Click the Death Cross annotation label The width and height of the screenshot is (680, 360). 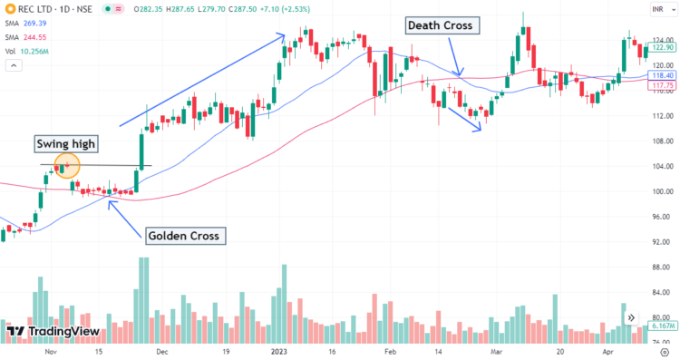[x=440, y=25]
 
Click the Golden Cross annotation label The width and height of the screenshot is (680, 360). [x=184, y=236]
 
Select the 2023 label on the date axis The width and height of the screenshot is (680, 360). [x=279, y=351]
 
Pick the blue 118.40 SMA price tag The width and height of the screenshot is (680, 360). [x=664, y=76]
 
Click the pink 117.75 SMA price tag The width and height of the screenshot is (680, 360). [x=664, y=86]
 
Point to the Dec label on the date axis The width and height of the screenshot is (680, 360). [x=161, y=351]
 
